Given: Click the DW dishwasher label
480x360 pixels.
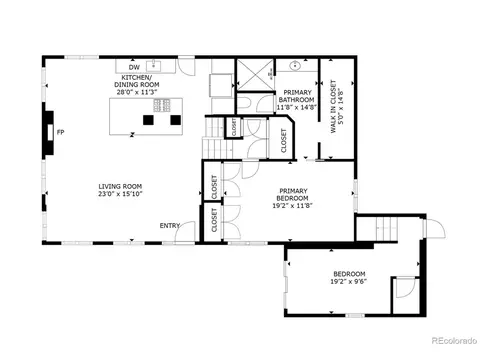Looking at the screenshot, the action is pyautogui.click(x=134, y=68).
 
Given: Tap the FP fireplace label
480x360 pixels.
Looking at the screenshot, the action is pyautogui.click(x=60, y=132).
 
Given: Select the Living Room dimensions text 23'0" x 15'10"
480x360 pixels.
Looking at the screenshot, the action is pyautogui.click(x=120, y=194).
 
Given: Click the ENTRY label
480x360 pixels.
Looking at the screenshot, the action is pyautogui.click(x=170, y=226).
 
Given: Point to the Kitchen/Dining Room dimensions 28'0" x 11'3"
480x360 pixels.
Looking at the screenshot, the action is pyautogui.click(x=137, y=92).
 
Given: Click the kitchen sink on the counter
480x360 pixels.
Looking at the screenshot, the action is pyautogui.click(x=154, y=65).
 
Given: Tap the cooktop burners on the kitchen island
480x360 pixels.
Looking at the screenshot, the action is pyautogui.click(x=162, y=105).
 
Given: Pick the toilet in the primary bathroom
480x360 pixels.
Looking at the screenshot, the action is pyautogui.click(x=243, y=103).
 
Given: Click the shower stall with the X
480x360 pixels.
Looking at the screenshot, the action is pyautogui.click(x=255, y=75).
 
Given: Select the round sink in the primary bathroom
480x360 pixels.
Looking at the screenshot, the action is pyautogui.click(x=295, y=66).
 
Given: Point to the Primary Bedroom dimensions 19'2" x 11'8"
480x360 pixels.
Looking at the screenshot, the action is pyautogui.click(x=292, y=206).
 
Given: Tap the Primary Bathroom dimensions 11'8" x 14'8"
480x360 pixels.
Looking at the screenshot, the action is pyautogui.click(x=296, y=107).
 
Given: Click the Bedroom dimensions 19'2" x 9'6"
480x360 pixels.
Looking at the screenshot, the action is pyautogui.click(x=349, y=282).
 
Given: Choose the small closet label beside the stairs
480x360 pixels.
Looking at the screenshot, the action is pyautogui.click(x=234, y=127).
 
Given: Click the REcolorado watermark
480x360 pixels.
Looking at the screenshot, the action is pyautogui.click(x=454, y=341).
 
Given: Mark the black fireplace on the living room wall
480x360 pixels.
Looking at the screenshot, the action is pyautogui.click(x=48, y=133).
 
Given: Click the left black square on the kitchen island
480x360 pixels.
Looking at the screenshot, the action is pyautogui.click(x=148, y=120).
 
